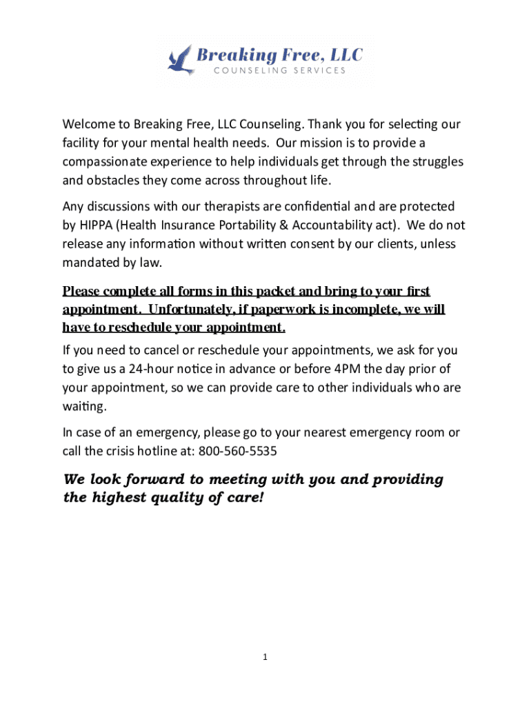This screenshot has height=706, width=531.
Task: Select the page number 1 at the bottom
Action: coord(265,658)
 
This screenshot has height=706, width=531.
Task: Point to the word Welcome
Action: coord(88,124)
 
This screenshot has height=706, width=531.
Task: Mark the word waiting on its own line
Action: coord(83,406)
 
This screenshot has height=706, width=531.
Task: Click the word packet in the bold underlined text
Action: coord(279,292)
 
